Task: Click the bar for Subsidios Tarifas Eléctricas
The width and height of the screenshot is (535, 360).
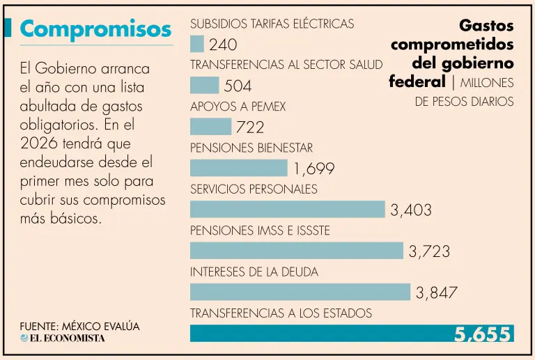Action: point(197,44)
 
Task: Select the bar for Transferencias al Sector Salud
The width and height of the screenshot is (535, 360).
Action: point(204,85)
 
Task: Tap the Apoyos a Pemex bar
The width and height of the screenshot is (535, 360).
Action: point(210,127)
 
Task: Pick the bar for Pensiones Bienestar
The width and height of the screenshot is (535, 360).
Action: point(238,168)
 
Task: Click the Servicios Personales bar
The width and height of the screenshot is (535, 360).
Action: point(287,209)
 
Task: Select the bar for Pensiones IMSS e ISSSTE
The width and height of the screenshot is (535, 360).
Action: point(297,251)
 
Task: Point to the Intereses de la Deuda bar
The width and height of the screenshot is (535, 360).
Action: point(300,292)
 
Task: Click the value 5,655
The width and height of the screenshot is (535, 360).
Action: point(483,334)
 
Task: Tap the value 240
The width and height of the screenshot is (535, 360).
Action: point(223,45)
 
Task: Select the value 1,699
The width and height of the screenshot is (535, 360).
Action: point(313,169)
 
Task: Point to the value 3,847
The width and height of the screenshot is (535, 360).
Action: point(437,292)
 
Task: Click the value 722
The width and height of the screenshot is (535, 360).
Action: point(250,127)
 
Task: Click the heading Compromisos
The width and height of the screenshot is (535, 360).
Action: point(96,29)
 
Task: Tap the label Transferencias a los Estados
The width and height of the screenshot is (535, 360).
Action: point(281,313)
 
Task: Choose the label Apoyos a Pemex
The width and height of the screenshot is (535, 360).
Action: point(238,107)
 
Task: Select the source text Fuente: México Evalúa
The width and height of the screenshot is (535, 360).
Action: point(79,326)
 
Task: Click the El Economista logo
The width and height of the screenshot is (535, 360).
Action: point(63,338)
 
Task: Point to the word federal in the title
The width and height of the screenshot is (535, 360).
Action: point(417,81)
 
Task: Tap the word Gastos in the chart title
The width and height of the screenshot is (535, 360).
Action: point(486,26)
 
